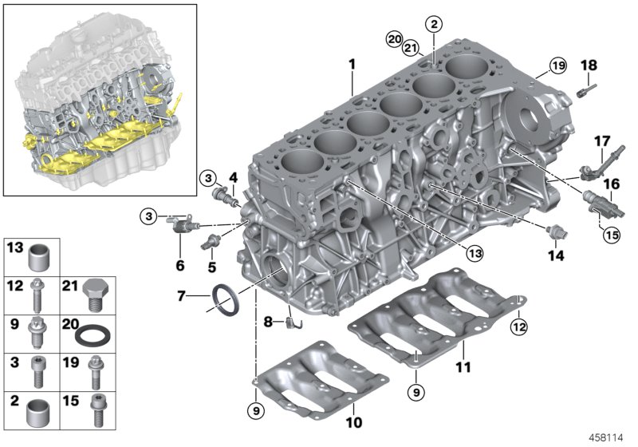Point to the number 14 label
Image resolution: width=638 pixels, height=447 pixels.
tap(556, 256)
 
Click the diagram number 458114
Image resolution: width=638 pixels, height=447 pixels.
tap(607, 436)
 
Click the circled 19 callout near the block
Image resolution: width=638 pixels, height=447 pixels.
tap(557, 65)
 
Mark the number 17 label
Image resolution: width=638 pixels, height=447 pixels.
tap(602, 141)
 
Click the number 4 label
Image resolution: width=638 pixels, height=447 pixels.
tap(234, 176)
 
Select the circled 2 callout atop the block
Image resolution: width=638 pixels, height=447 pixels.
tap(433, 24)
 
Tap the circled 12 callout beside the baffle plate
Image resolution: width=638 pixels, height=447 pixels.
tap(519, 325)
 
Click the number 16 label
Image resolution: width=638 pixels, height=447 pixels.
tap(611, 184)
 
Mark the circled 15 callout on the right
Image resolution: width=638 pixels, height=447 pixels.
tap(611, 235)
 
